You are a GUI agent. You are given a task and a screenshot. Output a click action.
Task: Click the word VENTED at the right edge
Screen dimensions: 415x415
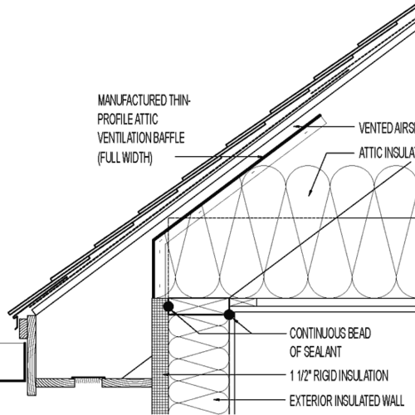pos(374,129)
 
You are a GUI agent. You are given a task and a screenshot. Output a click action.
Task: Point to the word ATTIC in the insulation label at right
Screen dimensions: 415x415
pos(373,154)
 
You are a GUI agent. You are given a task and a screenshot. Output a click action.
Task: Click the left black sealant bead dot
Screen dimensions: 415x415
pos(168,307)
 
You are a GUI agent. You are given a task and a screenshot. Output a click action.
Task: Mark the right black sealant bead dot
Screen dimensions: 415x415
pos(229,315)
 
